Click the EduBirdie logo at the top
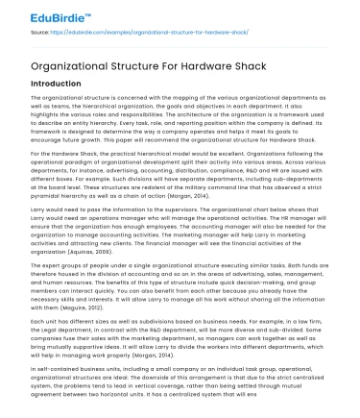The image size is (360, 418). tap(41, 14)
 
